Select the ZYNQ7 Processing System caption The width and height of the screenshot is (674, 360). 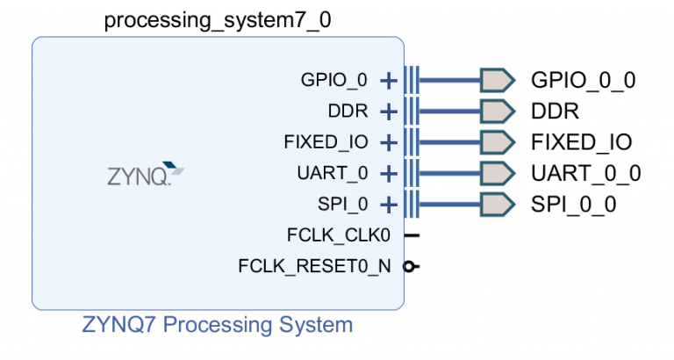coord(218,325)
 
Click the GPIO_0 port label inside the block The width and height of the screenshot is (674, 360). coord(333,81)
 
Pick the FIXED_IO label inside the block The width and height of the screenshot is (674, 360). coord(326,142)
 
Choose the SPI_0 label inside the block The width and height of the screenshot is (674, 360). coord(343,205)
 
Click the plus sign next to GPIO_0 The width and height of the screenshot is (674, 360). coord(388,81)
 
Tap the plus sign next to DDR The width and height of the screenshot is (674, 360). coord(388,112)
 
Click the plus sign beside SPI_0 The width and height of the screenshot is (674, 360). coord(388,205)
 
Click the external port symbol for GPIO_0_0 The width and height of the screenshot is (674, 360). coord(496,81)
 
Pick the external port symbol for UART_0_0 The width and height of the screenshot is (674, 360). coord(496,174)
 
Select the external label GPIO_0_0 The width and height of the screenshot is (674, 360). coord(583,81)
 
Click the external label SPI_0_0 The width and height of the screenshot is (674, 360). coord(574,205)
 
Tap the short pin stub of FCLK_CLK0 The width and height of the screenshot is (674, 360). coord(412,235)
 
